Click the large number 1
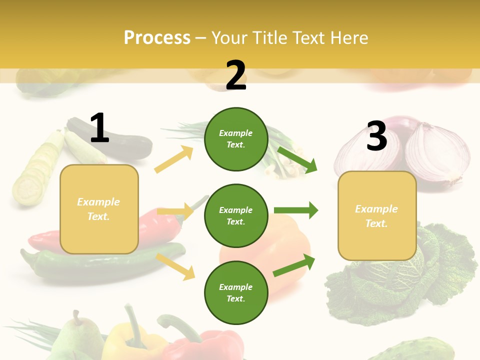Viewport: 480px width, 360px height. tap(99, 128)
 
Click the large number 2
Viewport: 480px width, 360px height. tap(236, 75)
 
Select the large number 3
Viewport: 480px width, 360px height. tap(376, 136)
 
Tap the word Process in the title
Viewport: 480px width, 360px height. tap(157, 37)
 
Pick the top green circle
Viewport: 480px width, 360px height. tap(236, 139)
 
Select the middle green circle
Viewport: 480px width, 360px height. tap(236, 215)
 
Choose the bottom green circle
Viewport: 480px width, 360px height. tap(236, 292)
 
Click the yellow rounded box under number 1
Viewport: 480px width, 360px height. tap(99, 209)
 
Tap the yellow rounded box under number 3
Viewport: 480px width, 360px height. tap(377, 215)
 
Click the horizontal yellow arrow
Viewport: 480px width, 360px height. tap(175, 211)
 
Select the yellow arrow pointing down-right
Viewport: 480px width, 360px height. tap(175, 266)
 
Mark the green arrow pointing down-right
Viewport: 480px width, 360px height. tap(297, 159)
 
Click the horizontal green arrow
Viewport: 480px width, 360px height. tap(296, 210)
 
